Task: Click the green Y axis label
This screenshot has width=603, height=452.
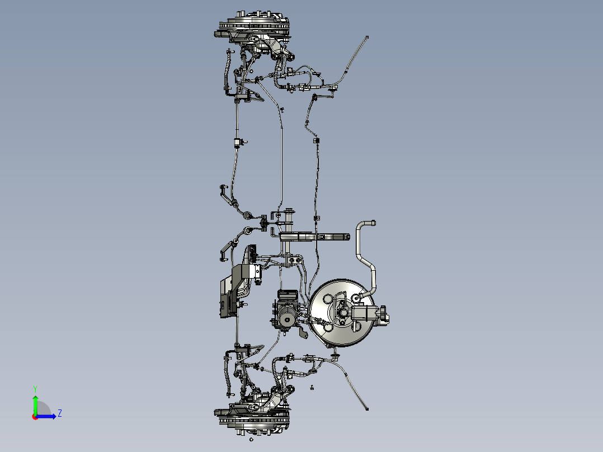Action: click(35, 389)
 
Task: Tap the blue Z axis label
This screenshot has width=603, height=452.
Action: click(60, 413)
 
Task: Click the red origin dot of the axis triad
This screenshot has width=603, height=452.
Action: click(35, 417)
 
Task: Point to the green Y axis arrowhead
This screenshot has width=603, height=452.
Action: click(35, 398)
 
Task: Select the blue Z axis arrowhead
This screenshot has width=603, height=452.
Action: click(54, 416)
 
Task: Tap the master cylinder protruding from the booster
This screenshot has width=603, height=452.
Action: click(369, 313)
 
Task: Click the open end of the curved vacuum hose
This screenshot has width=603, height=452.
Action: click(373, 223)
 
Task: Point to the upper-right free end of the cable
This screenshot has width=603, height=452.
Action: click(367, 37)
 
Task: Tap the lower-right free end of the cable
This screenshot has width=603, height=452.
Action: click(367, 409)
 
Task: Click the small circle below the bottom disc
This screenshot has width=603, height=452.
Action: click(251, 439)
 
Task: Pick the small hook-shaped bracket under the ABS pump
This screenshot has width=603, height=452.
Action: click(303, 332)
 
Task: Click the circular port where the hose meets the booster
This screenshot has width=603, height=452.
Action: click(356, 298)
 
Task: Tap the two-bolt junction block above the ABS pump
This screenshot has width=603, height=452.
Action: click(294, 261)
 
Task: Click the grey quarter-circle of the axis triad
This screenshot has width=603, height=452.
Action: click(43, 408)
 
